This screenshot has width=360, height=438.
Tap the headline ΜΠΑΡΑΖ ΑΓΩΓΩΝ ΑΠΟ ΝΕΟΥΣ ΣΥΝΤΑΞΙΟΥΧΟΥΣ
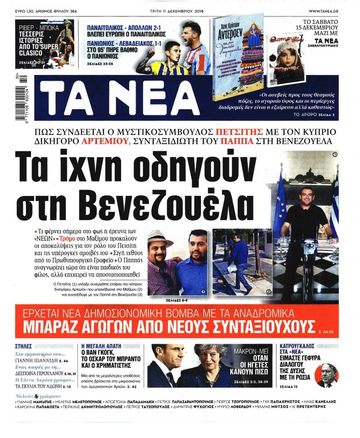(x=169, y=326)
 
